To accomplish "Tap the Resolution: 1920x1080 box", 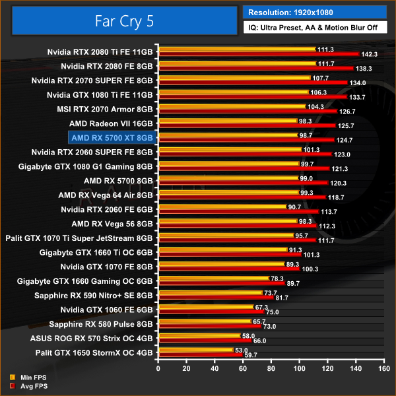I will click(x=314, y=12).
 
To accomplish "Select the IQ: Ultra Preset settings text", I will click(x=314, y=28).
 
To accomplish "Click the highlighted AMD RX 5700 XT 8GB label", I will click(x=112, y=137).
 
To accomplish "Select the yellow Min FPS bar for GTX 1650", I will click(x=195, y=350).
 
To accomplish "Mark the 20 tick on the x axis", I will click(x=186, y=369).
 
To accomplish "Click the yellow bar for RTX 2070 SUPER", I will click(x=234, y=77).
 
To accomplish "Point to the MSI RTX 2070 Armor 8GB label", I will click(x=107, y=109).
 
